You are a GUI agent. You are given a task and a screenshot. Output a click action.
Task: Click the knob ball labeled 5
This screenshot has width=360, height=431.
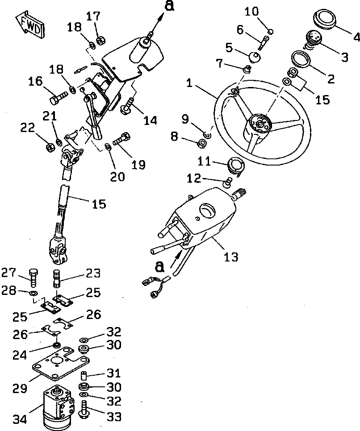pos(255,58)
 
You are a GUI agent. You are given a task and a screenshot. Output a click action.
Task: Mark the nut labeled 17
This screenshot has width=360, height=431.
pos(100,39)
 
